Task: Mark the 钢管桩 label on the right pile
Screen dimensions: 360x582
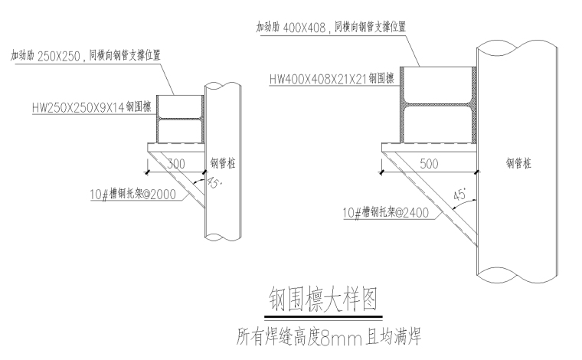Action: point(518,163)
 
